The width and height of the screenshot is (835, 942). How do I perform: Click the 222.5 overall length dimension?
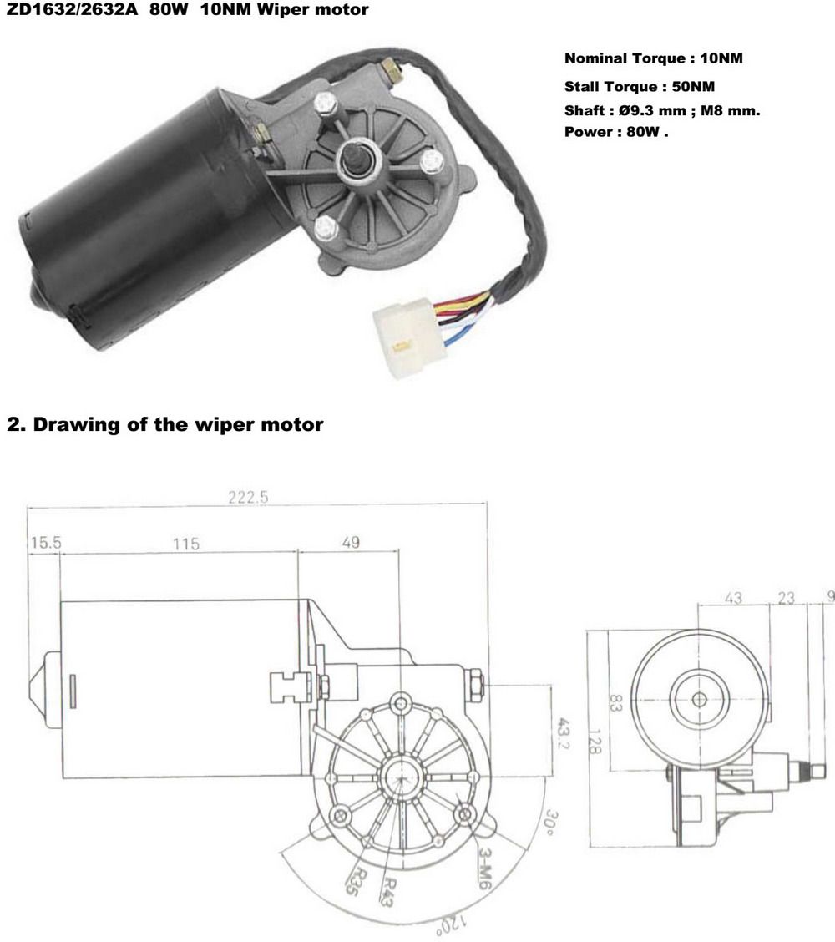(x=248, y=497)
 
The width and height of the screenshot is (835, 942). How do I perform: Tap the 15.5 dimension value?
(x=46, y=543)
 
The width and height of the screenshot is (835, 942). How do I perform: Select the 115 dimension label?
(x=186, y=544)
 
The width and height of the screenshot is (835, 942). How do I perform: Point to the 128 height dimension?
(x=595, y=742)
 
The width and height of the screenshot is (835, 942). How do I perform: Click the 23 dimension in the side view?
(x=787, y=598)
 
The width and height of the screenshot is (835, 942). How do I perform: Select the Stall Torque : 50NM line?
(x=639, y=87)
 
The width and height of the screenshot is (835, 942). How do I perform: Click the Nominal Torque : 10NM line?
(x=653, y=58)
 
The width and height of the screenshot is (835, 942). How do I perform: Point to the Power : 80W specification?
(x=615, y=132)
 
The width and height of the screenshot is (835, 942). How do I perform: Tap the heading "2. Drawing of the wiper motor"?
(x=165, y=425)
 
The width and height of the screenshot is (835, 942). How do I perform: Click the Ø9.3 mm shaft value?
(x=652, y=110)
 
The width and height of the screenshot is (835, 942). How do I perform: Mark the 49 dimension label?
(x=351, y=543)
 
